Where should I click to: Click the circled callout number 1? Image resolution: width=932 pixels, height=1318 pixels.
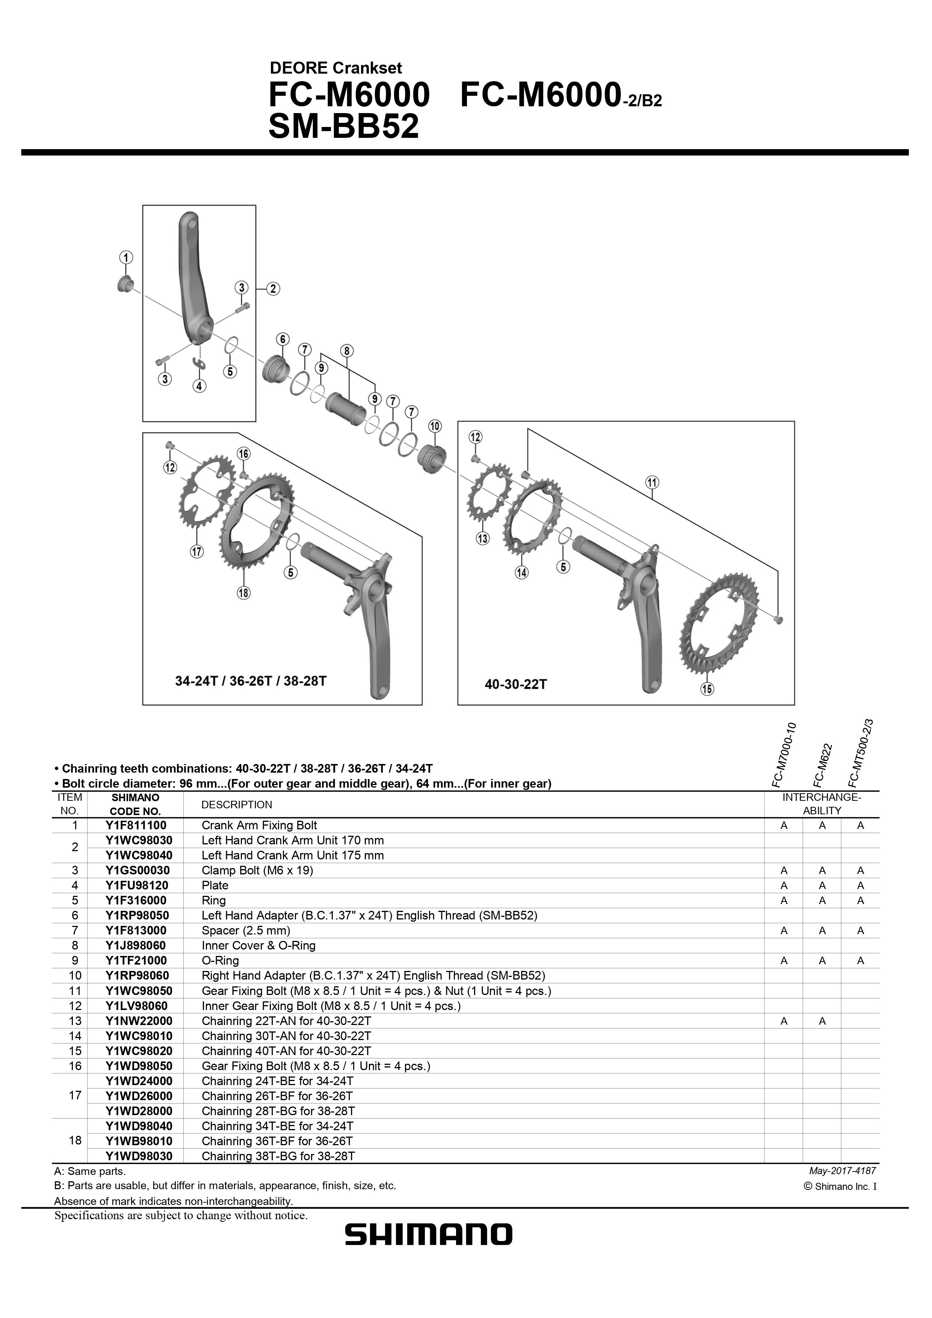pyautogui.click(x=126, y=257)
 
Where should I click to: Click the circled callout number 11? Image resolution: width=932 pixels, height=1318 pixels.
pyautogui.click(x=653, y=482)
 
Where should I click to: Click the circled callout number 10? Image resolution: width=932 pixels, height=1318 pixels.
pyautogui.click(x=435, y=426)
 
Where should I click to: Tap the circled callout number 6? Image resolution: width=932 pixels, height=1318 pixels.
pyautogui.click(x=282, y=339)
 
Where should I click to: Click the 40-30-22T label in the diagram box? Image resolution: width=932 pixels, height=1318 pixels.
pyautogui.click(x=516, y=684)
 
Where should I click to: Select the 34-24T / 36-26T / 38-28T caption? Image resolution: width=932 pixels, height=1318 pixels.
pyautogui.click(x=251, y=681)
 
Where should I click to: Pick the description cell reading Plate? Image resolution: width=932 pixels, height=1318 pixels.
pyautogui.click(x=215, y=885)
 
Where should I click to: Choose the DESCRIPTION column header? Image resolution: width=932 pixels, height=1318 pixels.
pyautogui.click(x=237, y=805)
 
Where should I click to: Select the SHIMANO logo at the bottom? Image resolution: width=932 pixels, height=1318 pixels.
pyautogui.click(x=428, y=1250)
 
